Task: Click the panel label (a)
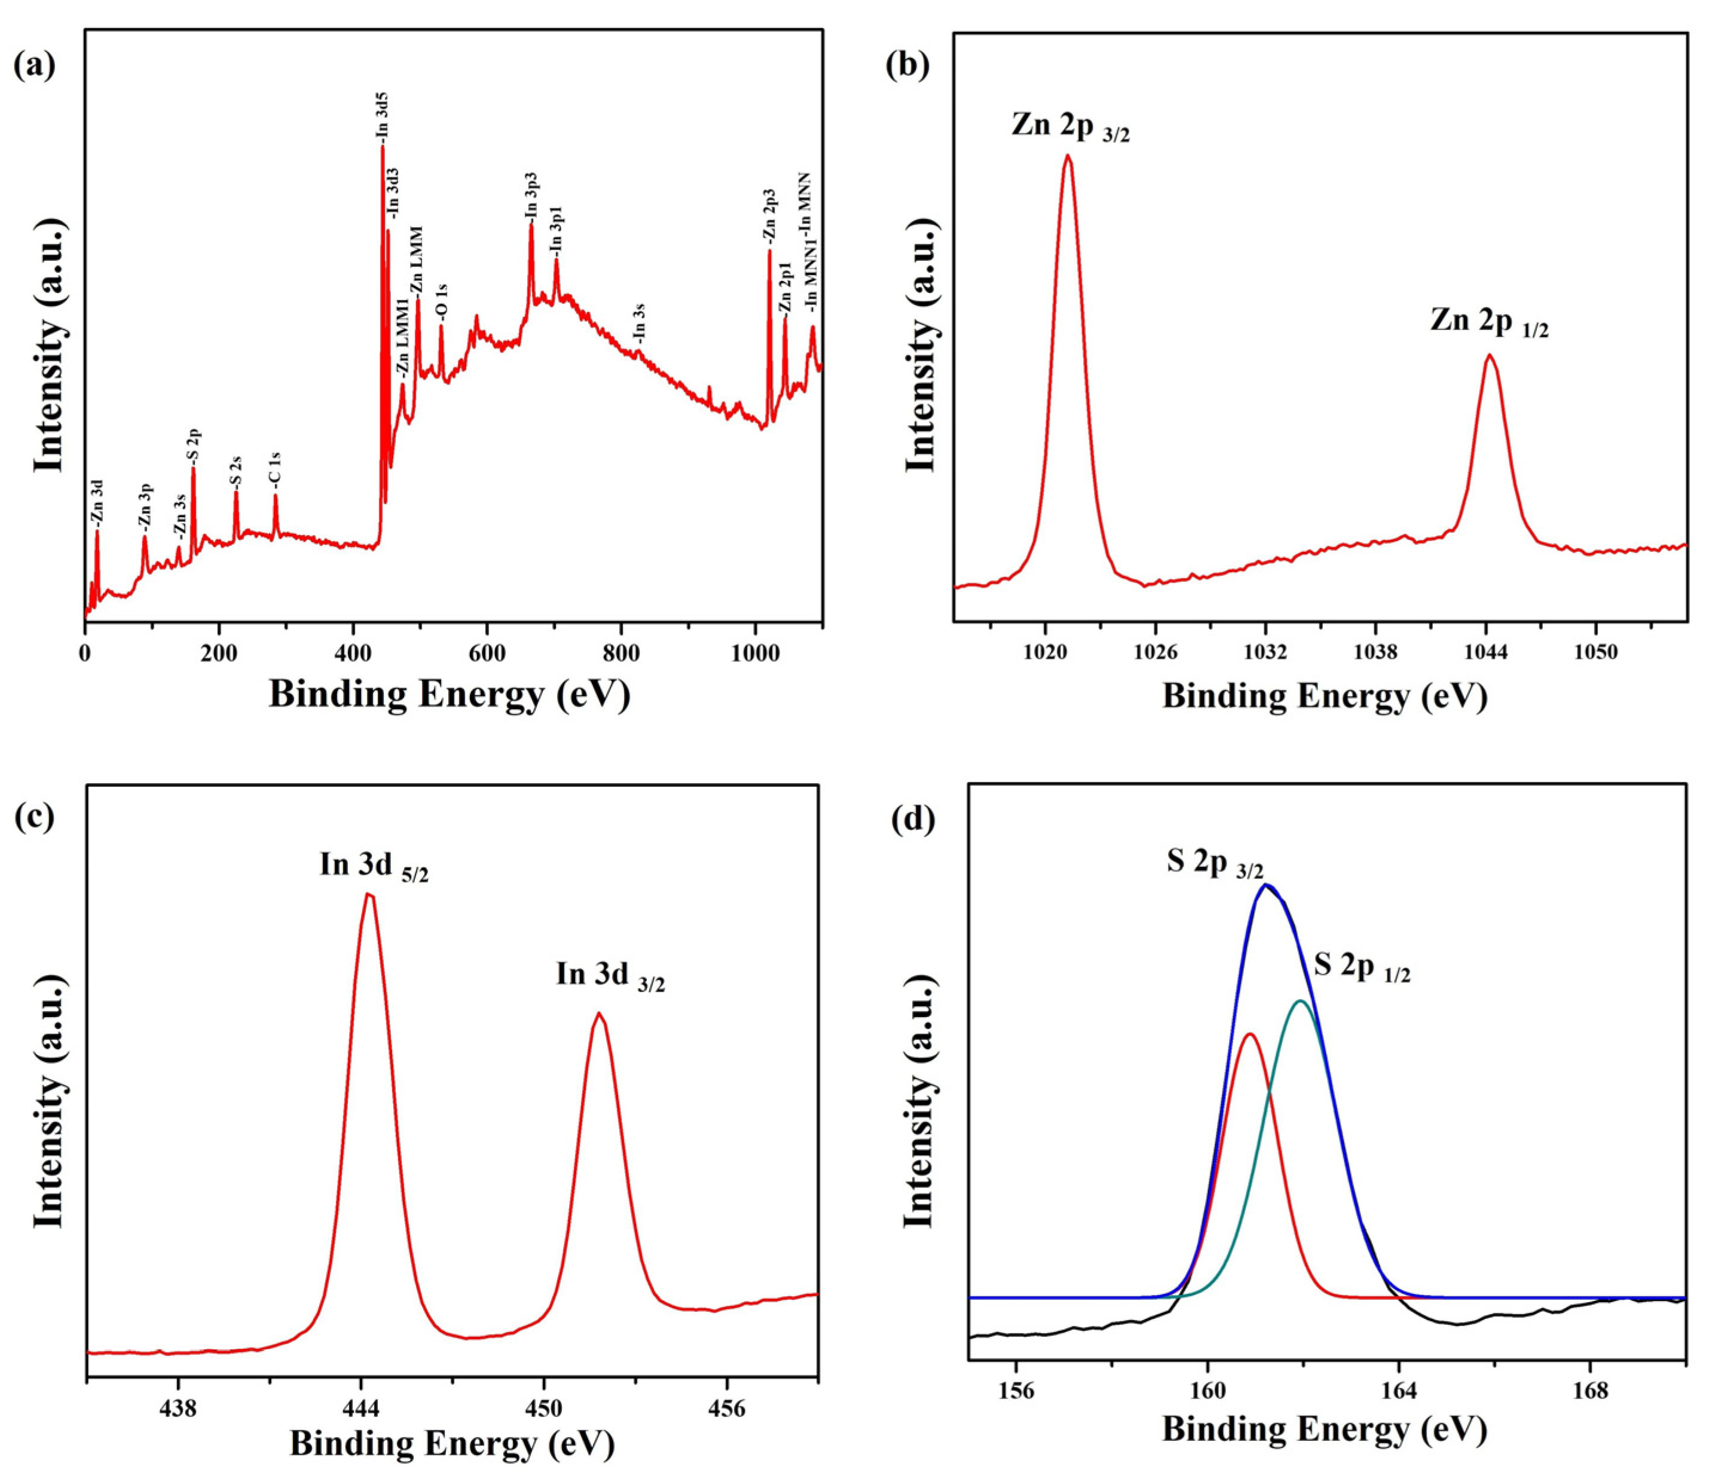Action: coord(35,65)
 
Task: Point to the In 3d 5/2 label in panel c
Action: coord(374,867)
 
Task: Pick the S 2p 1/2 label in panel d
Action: coord(1362,967)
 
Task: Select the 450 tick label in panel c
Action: coord(543,1409)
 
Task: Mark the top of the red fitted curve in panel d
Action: coord(1249,1034)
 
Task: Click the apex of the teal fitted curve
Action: coord(1301,1001)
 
